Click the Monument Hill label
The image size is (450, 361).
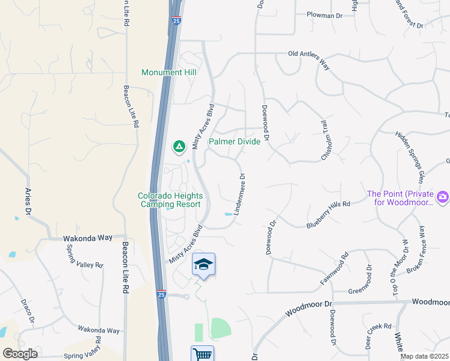coord(170,72)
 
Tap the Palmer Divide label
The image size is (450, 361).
coord(235,142)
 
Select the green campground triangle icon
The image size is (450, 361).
coord(179,146)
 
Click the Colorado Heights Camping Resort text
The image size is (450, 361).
coord(170,200)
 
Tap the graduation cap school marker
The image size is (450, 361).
coord(204,264)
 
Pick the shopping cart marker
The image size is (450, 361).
coord(203,355)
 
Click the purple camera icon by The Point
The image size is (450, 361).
coord(443,197)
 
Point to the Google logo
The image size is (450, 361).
coord(20,353)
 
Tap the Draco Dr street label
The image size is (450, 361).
coord(28,310)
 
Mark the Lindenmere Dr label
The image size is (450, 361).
coord(242,194)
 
